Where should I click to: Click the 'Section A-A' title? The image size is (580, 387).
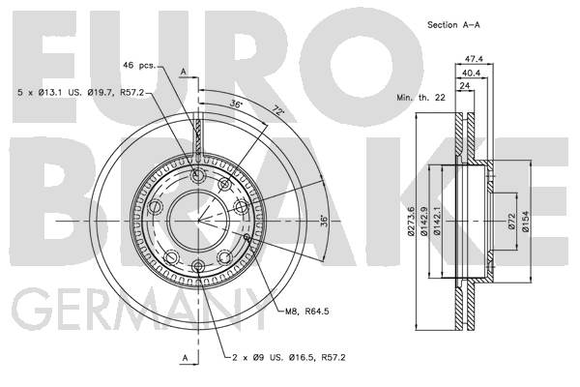(x=453, y=25)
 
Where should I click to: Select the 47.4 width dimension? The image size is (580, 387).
(x=474, y=59)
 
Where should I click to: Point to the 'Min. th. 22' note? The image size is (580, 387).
(x=420, y=98)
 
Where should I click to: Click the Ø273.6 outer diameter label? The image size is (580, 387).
(x=410, y=222)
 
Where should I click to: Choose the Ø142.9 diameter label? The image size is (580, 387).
(x=424, y=222)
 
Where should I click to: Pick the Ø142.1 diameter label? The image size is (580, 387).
(x=437, y=222)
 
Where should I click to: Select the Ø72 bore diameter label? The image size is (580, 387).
(x=511, y=221)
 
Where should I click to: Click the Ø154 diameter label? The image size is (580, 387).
(x=525, y=222)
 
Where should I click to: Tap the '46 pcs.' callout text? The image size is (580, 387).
(x=140, y=65)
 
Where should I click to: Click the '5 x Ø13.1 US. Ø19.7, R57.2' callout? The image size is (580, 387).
(x=80, y=92)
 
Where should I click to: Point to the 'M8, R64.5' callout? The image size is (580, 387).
(x=307, y=312)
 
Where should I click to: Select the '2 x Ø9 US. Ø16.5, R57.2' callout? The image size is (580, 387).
(x=288, y=358)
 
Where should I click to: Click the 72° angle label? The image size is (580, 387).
(x=276, y=109)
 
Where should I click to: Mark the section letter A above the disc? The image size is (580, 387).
(x=184, y=72)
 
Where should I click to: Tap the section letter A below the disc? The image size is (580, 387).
(x=186, y=358)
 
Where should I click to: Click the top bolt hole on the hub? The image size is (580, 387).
(x=198, y=175)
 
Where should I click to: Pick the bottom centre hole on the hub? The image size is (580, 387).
(x=198, y=266)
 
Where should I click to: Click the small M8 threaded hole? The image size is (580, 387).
(x=247, y=236)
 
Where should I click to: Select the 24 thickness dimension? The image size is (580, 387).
(x=465, y=86)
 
